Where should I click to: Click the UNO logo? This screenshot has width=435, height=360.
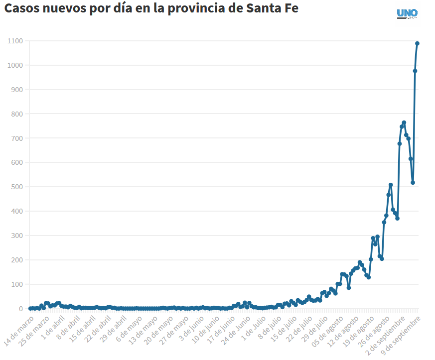407,13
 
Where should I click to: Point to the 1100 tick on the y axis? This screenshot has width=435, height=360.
15,41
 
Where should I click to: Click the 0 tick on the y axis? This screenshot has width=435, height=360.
21,309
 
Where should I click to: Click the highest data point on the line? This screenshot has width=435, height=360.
418,43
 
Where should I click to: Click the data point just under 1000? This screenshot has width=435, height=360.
415,71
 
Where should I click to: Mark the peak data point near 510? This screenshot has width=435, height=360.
391,185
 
